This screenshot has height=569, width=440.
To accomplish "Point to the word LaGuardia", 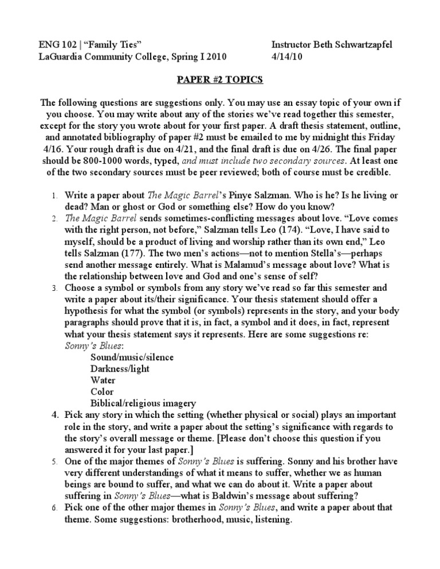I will coord(62,57).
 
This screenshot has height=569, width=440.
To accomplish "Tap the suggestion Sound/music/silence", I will coord(132,358).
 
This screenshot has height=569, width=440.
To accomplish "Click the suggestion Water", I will coord(103,381).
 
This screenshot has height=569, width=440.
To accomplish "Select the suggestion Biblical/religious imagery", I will coord(143,404).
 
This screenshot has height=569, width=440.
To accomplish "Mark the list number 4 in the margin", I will coord(52,415).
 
